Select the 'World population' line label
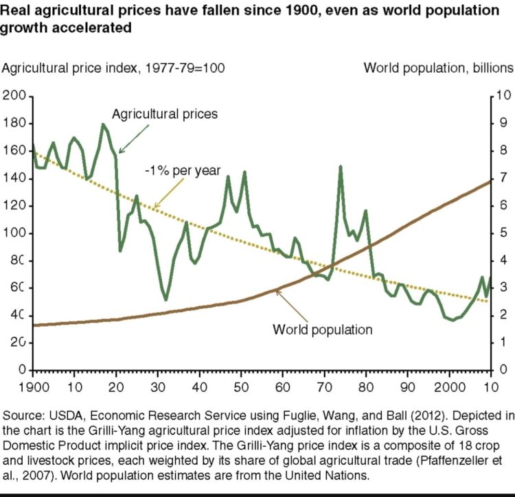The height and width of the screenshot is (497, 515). coord(323,330)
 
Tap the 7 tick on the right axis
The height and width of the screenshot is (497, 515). coord(502,178)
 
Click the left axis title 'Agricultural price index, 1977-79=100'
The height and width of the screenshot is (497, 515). coord(115,68)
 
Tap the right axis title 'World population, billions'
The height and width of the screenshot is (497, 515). coord(438,68)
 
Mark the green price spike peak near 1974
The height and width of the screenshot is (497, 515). coord(340,166)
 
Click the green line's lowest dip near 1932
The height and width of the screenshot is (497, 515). coord(165,299)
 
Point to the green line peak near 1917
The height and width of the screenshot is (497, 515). coord(103,124)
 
